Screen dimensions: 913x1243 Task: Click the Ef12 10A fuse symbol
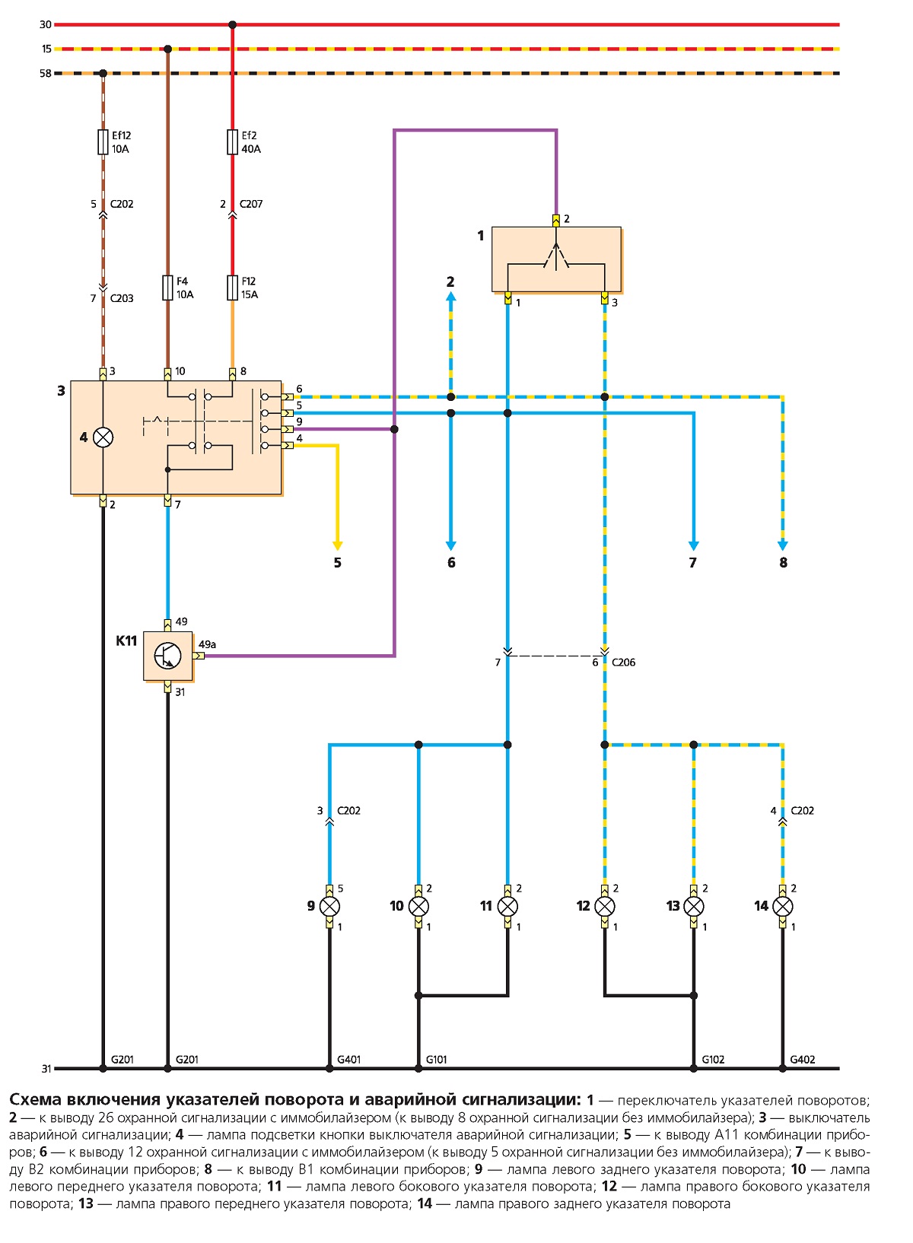[103, 142]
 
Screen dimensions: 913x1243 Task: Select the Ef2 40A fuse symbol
[233, 142]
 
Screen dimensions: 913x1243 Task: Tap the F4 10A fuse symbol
[167, 288]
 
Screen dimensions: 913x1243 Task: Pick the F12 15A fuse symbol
[233, 288]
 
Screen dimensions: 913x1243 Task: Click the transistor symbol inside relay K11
[167, 656]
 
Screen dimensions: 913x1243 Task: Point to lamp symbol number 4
[103, 437]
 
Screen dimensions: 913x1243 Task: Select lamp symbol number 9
[329, 907]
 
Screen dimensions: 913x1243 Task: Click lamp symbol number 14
[783, 907]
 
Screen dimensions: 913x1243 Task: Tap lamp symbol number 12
[604, 907]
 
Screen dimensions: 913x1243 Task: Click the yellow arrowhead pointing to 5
[338, 546]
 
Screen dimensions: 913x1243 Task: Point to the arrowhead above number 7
[693, 546]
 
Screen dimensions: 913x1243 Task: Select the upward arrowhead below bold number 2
[450, 297]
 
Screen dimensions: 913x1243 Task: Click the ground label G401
[349, 1060]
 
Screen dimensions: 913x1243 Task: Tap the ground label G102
[713, 1060]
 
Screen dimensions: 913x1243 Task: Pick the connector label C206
[623, 662]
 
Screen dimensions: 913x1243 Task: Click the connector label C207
[251, 204]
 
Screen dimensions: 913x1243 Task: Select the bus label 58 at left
[46, 73]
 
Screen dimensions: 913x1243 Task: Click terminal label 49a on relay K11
[207, 644]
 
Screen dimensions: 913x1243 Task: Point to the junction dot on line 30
[233, 24]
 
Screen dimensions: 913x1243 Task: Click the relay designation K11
[126, 641]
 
